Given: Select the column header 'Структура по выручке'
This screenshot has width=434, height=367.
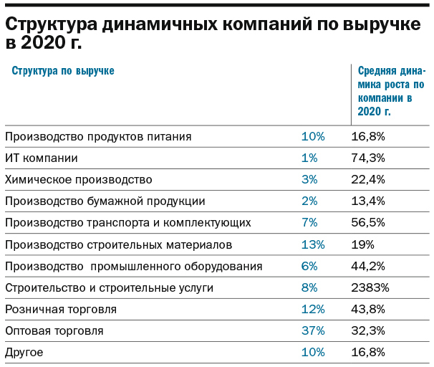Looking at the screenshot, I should point(62,70).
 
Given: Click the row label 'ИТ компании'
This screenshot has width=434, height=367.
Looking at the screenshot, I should point(41,158).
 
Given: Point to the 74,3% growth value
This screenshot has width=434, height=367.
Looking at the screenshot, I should point(368,158).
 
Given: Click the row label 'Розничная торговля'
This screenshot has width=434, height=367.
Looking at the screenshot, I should point(60,309).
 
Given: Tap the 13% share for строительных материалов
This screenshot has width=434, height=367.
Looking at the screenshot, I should point(313,244).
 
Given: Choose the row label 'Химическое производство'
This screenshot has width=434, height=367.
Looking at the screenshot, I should point(78,179).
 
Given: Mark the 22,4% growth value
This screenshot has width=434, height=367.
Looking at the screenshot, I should point(368,179).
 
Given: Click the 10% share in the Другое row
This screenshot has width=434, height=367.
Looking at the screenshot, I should point(313,352).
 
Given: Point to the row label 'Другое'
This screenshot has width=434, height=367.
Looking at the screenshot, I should point(24,352).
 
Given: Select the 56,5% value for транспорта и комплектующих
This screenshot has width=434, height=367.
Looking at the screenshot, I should point(368,222).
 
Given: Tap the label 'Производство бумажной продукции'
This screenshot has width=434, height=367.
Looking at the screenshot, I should point(105,201).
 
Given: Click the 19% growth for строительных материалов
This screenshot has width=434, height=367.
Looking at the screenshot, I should point(362,244).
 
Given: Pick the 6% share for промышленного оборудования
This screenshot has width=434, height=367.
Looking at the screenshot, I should point(309,266).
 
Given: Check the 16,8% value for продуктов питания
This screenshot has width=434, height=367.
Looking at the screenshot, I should point(368,136).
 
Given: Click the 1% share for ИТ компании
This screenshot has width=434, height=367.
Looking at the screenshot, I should point(309,158).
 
